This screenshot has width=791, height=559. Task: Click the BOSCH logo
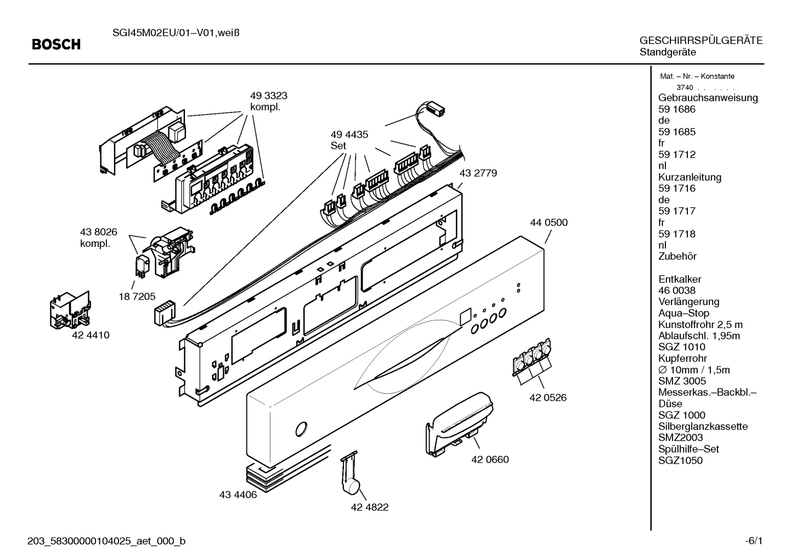point(56,44)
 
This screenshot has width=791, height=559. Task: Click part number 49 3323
point(269,96)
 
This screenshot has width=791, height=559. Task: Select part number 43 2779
point(478,173)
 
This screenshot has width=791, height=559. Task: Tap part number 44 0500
point(549,223)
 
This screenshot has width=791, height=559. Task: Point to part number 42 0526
point(547,398)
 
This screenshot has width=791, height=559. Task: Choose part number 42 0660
point(490,460)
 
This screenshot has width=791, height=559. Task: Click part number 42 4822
point(369,507)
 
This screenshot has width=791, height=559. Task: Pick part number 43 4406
point(238,495)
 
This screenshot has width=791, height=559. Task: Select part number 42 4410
point(91,335)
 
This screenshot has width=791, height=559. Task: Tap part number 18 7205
point(137,296)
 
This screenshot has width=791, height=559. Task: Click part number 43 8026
point(99,233)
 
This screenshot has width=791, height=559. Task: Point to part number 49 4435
point(349,134)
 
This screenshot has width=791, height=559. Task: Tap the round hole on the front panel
point(301,428)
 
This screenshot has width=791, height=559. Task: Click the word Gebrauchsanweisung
point(708,98)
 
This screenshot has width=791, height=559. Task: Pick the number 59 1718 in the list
point(676,234)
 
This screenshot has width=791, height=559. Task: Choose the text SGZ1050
point(680,461)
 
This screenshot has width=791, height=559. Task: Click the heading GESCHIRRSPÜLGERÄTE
point(700,41)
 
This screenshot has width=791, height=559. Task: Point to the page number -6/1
point(754,541)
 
